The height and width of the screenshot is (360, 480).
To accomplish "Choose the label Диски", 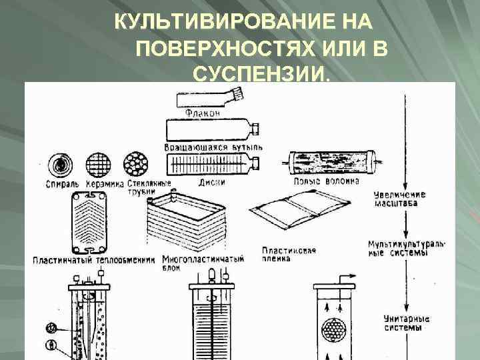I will point(211,181).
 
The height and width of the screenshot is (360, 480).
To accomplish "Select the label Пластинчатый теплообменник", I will point(94,259).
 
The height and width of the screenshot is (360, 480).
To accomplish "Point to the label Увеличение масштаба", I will point(400,199).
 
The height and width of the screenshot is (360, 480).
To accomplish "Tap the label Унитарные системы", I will point(404,323).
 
